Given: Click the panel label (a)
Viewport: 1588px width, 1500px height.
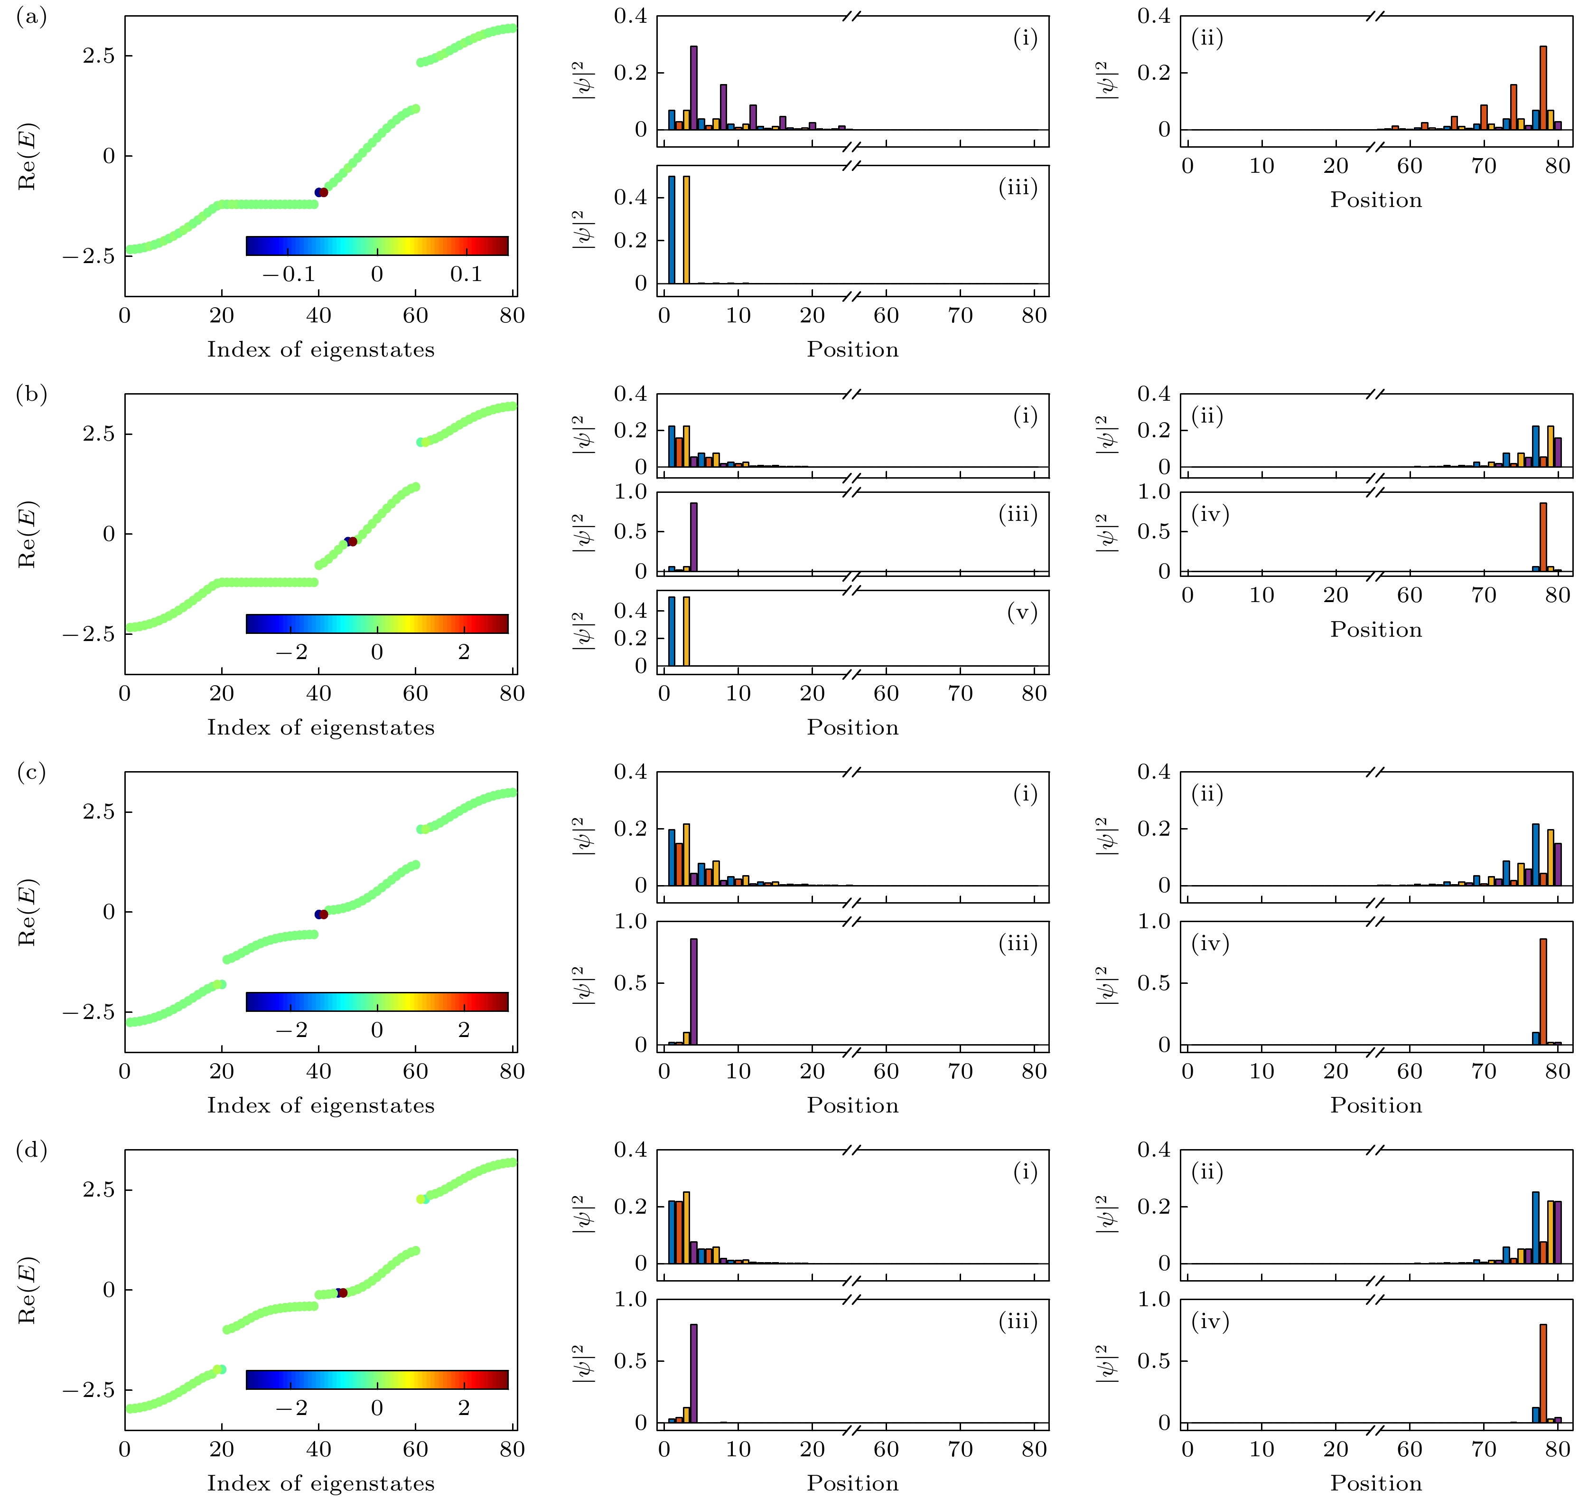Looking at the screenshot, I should coord(31,17).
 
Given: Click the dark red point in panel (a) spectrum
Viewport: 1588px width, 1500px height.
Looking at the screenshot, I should coord(324,192).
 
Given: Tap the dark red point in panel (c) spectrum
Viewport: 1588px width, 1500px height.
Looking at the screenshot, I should coord(324,914).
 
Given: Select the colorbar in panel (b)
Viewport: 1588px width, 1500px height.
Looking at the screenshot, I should coord(377,623).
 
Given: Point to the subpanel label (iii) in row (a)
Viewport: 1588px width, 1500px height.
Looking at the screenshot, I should coord(1018,188).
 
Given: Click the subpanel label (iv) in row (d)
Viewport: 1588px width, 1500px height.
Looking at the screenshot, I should coord(1210,1321).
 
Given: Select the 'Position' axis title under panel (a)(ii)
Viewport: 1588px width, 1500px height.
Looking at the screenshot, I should coord(1375,200).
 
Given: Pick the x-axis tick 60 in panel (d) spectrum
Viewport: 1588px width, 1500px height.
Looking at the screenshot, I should coord(416,1449).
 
